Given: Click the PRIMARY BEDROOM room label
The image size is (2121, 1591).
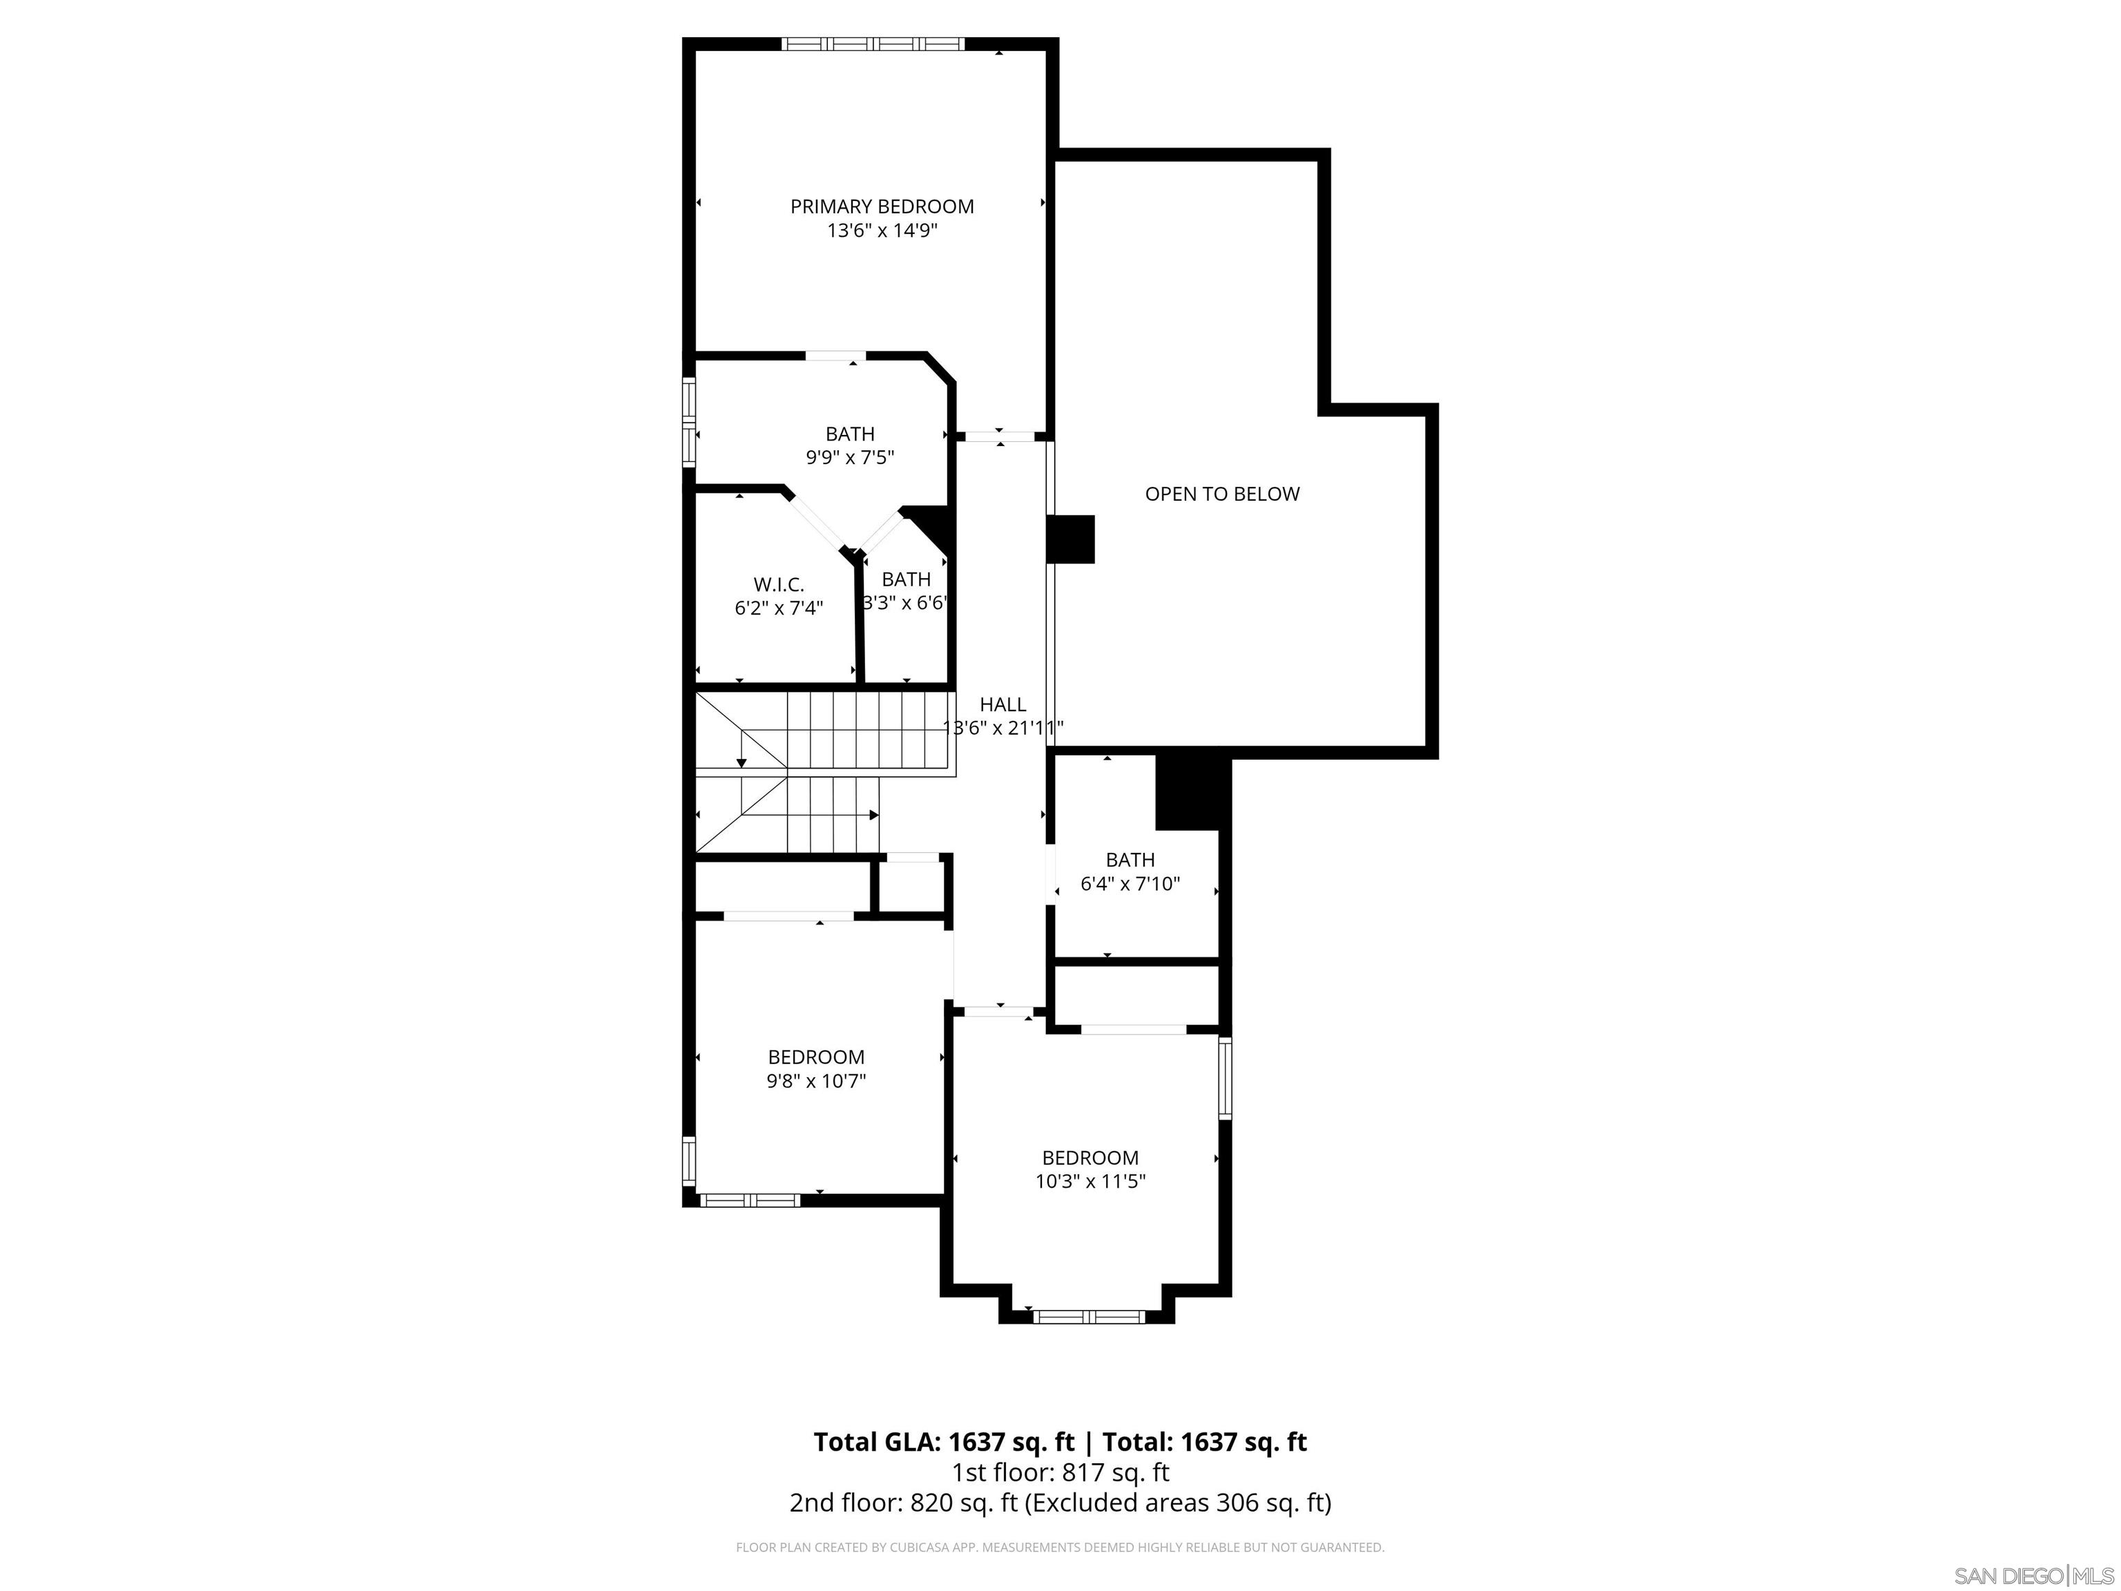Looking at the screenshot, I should click(x=881, y=206).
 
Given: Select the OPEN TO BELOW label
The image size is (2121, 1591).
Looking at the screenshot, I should click(x=1221, y=494).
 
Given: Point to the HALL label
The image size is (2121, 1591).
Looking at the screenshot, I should click(x=1003, y=704).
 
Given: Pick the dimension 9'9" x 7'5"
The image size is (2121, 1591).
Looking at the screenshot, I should click(x=849, y=457).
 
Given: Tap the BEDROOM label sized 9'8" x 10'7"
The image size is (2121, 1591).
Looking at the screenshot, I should click(x=816, y=1057).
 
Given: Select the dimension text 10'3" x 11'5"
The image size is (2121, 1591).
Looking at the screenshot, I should click(x=1090, y=1182).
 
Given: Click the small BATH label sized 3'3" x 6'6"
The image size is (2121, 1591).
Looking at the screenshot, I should click(x=906, y=579).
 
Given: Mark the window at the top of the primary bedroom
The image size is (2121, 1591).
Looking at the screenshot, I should click(x=873, y=43).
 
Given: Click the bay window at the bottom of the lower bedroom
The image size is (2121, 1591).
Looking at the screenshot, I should click(x=1090, y=1317).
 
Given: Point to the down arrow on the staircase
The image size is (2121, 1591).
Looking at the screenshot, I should click(x=742, y=762).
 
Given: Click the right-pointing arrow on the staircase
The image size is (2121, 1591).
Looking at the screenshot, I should click(x=873, y=815).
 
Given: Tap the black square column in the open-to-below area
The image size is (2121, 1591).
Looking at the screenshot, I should click(x=1070, y=539).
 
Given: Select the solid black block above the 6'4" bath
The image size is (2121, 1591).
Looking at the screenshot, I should click(x=1192, y=792).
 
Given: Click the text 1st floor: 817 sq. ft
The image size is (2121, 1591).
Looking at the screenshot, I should click(x=1060, y=1472).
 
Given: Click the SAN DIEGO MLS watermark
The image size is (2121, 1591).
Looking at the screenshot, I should click(x=2033, y=1576).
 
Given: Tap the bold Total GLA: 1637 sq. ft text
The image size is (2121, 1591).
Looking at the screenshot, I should click(x=944, y=1441).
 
